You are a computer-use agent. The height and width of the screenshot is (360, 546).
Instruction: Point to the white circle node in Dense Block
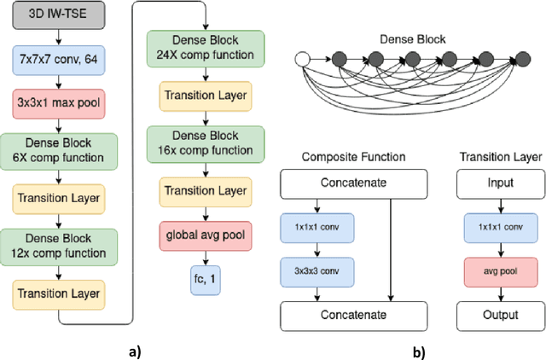tap(300, 59)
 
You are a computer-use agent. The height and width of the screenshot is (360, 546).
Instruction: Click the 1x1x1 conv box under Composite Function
tap(317, 228)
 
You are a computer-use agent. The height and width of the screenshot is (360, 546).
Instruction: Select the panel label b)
tap(418, 350)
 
